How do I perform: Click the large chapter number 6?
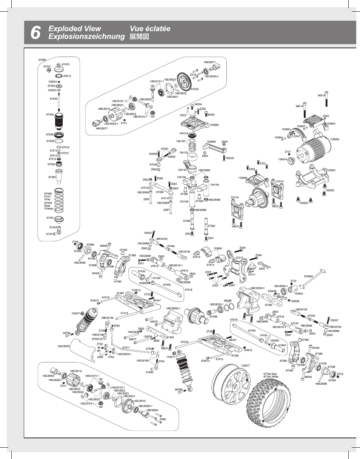coord(35,33)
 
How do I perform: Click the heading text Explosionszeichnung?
coord(86,37)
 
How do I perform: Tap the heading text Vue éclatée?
coord(150,29)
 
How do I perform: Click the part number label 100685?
coord(335,140)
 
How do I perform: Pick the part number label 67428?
coord(195,89)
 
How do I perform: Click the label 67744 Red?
coord(270,374)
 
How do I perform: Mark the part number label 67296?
coord(42,60)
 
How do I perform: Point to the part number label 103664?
coord(308,276)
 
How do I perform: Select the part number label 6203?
coord(262,269)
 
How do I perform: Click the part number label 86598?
coord(228,301)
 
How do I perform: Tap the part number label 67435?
coord(50,114)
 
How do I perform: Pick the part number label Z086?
coord(163,419)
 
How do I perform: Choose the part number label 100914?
coord(283,159)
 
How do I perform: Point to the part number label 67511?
coord(126,347)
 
